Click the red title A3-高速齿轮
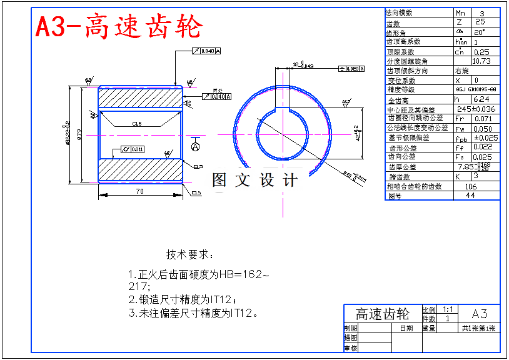[x=119, y=27]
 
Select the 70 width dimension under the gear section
[x=139, y=191]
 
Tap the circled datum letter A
[x=196, y=146]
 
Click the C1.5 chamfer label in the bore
[x=137, y=124]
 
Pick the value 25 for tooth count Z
[x=480, y=22]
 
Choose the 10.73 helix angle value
[x=481, y=61]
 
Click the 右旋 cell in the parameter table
[x=463, y=71]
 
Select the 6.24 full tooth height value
[x=481, y=99]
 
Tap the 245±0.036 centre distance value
[x=476, y=109]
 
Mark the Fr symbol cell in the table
[x=460, y=118]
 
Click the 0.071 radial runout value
[x=483, y=118]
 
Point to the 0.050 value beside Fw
[x=483, y=128]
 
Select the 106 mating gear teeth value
[x=471, y=186]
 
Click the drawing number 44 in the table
[x=471, y=196]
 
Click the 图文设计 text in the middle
[x=254, y=180]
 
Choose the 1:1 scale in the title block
[x=448, y=309]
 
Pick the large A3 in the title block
[x=479, y=314]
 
